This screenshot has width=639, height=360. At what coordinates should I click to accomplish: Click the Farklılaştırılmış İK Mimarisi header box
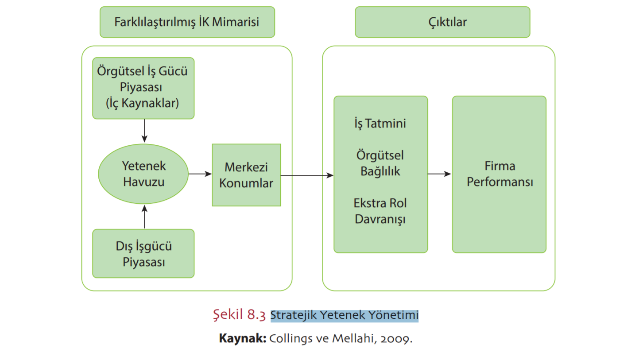click(187, 22)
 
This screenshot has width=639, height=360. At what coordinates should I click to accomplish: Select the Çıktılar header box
click(442, 22)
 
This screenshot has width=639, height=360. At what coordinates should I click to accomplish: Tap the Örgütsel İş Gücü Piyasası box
click(143, 88)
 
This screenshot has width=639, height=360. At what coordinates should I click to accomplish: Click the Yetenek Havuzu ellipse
click(143, 174)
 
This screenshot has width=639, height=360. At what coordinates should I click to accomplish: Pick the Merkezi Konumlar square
click(246, 175)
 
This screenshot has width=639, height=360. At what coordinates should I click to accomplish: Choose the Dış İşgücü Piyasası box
click(143, 253)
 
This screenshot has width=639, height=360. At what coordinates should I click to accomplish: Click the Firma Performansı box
click(499, 174)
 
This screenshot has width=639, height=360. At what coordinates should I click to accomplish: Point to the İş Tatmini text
click(380, 124)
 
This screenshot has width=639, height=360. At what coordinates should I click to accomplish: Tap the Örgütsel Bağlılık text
click(380, 163)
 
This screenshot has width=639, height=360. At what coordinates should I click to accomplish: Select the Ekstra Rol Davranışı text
click(380, 211)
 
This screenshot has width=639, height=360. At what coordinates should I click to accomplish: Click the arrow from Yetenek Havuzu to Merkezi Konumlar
click(200, 174)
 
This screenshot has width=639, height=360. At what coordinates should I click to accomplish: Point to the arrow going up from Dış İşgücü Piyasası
click(144, 217)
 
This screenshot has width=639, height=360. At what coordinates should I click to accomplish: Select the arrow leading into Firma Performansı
click(439, 174)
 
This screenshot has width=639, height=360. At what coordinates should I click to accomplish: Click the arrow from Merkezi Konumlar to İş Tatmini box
click(307, 175)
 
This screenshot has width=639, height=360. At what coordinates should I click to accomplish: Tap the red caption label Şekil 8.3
click(239, 316)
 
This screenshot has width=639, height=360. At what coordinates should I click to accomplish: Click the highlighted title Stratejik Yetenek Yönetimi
click(344, 316)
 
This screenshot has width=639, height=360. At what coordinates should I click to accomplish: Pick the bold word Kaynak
click(242, 339)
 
